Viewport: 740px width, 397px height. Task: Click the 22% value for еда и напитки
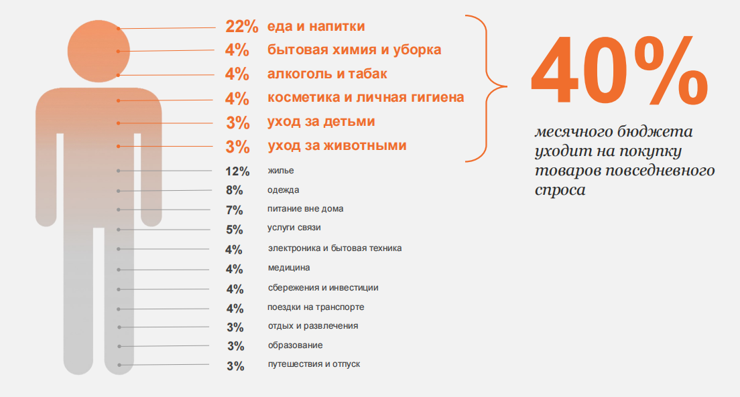click(242, 27)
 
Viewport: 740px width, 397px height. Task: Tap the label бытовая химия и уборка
click(354, 50)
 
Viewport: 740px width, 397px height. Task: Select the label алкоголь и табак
click(327, 74)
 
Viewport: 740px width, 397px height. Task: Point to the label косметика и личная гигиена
click(365, 98)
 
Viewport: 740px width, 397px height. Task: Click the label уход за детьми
click(321, 122)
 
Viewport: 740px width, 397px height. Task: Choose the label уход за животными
click(337, 145)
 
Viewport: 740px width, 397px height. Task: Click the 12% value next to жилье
click(237, 171)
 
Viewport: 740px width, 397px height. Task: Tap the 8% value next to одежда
click(234, 190)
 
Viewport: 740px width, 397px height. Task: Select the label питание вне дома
click(305, 209)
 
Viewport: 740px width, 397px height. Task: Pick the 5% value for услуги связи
click(234, 230)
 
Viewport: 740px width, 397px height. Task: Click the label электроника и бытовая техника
click(334, 248)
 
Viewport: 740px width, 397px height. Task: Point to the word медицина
click(288, 268)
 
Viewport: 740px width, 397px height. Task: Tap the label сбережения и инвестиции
click(322, 288)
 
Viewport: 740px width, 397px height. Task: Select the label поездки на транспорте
click(316, 307)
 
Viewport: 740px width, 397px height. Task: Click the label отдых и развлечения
click(312, 326)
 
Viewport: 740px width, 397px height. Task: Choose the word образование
click(295, 345)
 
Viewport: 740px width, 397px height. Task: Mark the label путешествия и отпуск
click(314, 365)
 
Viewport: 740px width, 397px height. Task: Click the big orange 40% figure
click(618, 72)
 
